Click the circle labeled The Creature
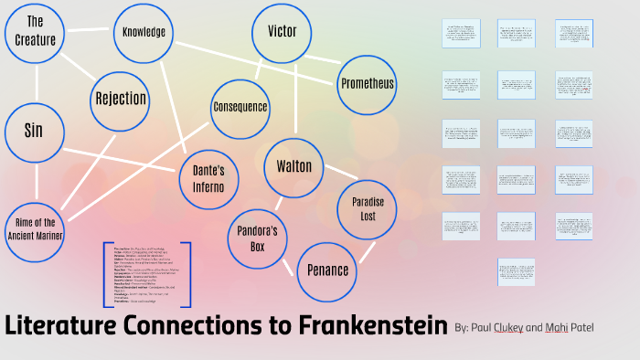click(36, 31)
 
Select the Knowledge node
click(144, 32)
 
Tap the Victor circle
click(283, 32)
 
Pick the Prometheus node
click(367, 83)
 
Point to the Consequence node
click(240, 107)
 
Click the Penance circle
click(328, 270)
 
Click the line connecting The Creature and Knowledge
click(91, 32)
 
